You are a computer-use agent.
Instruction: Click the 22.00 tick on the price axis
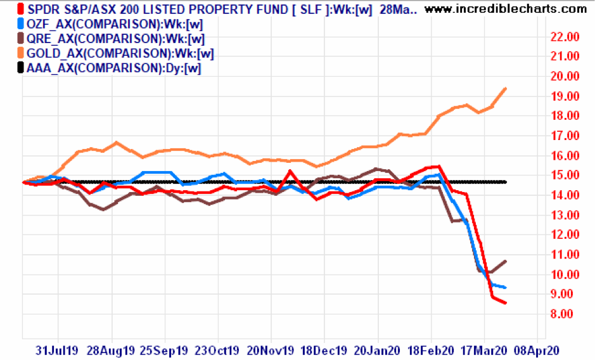coord(563,37)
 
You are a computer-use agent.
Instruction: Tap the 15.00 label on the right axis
coord(563,176)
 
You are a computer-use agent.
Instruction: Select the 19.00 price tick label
coord(563,96)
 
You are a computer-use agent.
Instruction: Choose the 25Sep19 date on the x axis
coord(163,349)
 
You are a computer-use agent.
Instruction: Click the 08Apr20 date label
coord(536,349)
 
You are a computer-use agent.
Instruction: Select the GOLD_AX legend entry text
coord(120,53)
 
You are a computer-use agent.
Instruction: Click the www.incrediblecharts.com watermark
coord(506,9)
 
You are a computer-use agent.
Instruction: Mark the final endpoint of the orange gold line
coord(505,89)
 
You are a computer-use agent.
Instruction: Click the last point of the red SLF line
coord(505,303)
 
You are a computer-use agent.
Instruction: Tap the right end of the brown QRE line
coord(505,261)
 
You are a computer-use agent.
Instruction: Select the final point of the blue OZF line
coord(505,288)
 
